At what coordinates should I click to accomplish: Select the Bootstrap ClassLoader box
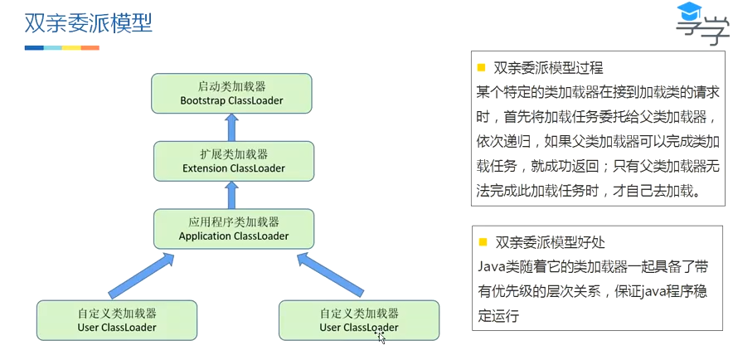(231, 93)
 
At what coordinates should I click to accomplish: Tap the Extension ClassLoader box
(234, 161)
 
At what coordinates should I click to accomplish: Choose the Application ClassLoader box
(234, 229)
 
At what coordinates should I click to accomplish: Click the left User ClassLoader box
(116, 320)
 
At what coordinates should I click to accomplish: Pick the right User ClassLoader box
(359, 320)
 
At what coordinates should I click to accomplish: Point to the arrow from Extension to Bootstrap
(232, 127)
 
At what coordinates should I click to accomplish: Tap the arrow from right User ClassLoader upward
(330, 275)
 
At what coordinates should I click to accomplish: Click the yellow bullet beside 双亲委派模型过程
(481, 66)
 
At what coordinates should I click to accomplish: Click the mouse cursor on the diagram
(381, 337)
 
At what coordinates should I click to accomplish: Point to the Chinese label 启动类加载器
(231, 85)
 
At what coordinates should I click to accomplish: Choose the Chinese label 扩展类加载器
(234, 153)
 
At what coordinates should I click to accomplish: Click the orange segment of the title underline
(90, 47)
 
